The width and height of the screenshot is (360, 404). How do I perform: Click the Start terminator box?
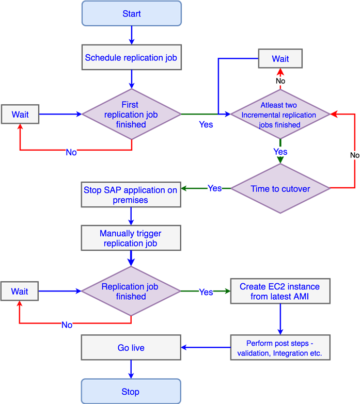tap(132, 13)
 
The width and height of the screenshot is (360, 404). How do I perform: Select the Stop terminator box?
tap(131, 392)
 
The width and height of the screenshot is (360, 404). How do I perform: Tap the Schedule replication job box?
tap(131, 58)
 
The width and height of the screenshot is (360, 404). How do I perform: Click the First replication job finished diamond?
tap(132, 115)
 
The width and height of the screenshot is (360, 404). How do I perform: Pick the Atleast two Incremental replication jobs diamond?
tap(279, 115)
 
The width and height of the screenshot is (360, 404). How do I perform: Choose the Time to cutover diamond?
tap(280, 189)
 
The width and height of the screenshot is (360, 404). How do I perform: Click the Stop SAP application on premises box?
tap(131, 195)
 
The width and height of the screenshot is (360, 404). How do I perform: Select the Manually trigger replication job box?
tap(131, 238)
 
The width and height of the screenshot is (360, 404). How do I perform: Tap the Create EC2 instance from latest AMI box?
tap(279, 292)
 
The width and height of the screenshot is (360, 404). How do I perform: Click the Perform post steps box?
tap(279, 348)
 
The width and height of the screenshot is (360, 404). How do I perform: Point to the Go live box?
tap(131, 348)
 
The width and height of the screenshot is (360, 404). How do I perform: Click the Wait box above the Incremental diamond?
tap(280, 59)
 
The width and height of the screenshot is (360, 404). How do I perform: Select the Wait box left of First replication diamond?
tap(20, 115)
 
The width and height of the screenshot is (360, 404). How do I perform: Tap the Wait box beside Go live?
tap(20, 292)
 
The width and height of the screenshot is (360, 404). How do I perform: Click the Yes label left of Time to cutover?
tap(215, 188)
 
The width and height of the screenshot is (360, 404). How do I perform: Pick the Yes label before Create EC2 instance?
tap(206, 292)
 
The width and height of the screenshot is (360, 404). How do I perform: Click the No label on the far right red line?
tap(355, 155)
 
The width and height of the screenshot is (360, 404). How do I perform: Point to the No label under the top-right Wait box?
tap(280, 81)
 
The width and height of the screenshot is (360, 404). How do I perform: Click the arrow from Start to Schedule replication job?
tap(132, 35)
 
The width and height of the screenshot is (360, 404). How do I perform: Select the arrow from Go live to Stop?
tap(131, 369)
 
